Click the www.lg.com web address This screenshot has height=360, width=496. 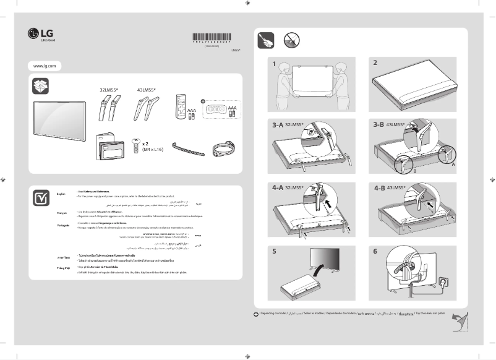(45, 66)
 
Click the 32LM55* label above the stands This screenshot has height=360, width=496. (108, 90)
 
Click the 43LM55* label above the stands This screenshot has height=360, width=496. (147, 90)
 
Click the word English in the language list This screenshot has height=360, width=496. (61, 194)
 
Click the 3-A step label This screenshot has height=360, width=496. (278, 125)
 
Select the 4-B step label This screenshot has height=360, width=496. (379, 187)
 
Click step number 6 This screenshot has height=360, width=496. (375, 251)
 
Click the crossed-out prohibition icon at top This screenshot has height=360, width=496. (293, 40)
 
